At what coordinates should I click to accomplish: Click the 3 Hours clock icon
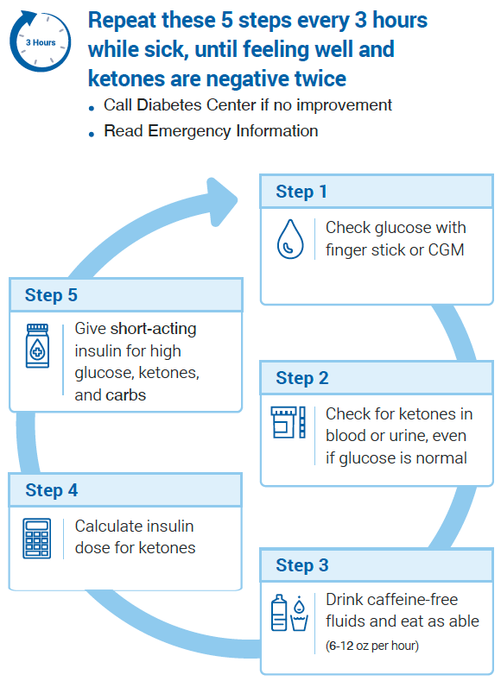[40, 41]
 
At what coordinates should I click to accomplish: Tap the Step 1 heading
[301, 192]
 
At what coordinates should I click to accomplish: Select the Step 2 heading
[302, 378]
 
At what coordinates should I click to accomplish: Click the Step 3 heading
[302, 565]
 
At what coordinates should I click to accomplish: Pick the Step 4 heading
[51, 490]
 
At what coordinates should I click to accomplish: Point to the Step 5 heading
[51, 295]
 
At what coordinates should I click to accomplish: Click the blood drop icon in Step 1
[290, 239]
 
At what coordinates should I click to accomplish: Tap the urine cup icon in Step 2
[282, 422]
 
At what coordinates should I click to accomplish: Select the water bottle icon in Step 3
[279, 612]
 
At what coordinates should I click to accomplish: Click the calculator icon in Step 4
[36, 538]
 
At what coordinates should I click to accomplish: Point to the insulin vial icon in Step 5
[37, 346]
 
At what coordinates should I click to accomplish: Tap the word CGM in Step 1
[446, 249]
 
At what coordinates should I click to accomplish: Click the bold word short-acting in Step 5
[154, 329]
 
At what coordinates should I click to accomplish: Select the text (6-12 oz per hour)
[372, 646]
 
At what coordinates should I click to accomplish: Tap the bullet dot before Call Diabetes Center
[92, 108]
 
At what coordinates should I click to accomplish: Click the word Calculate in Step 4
[102, 526]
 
